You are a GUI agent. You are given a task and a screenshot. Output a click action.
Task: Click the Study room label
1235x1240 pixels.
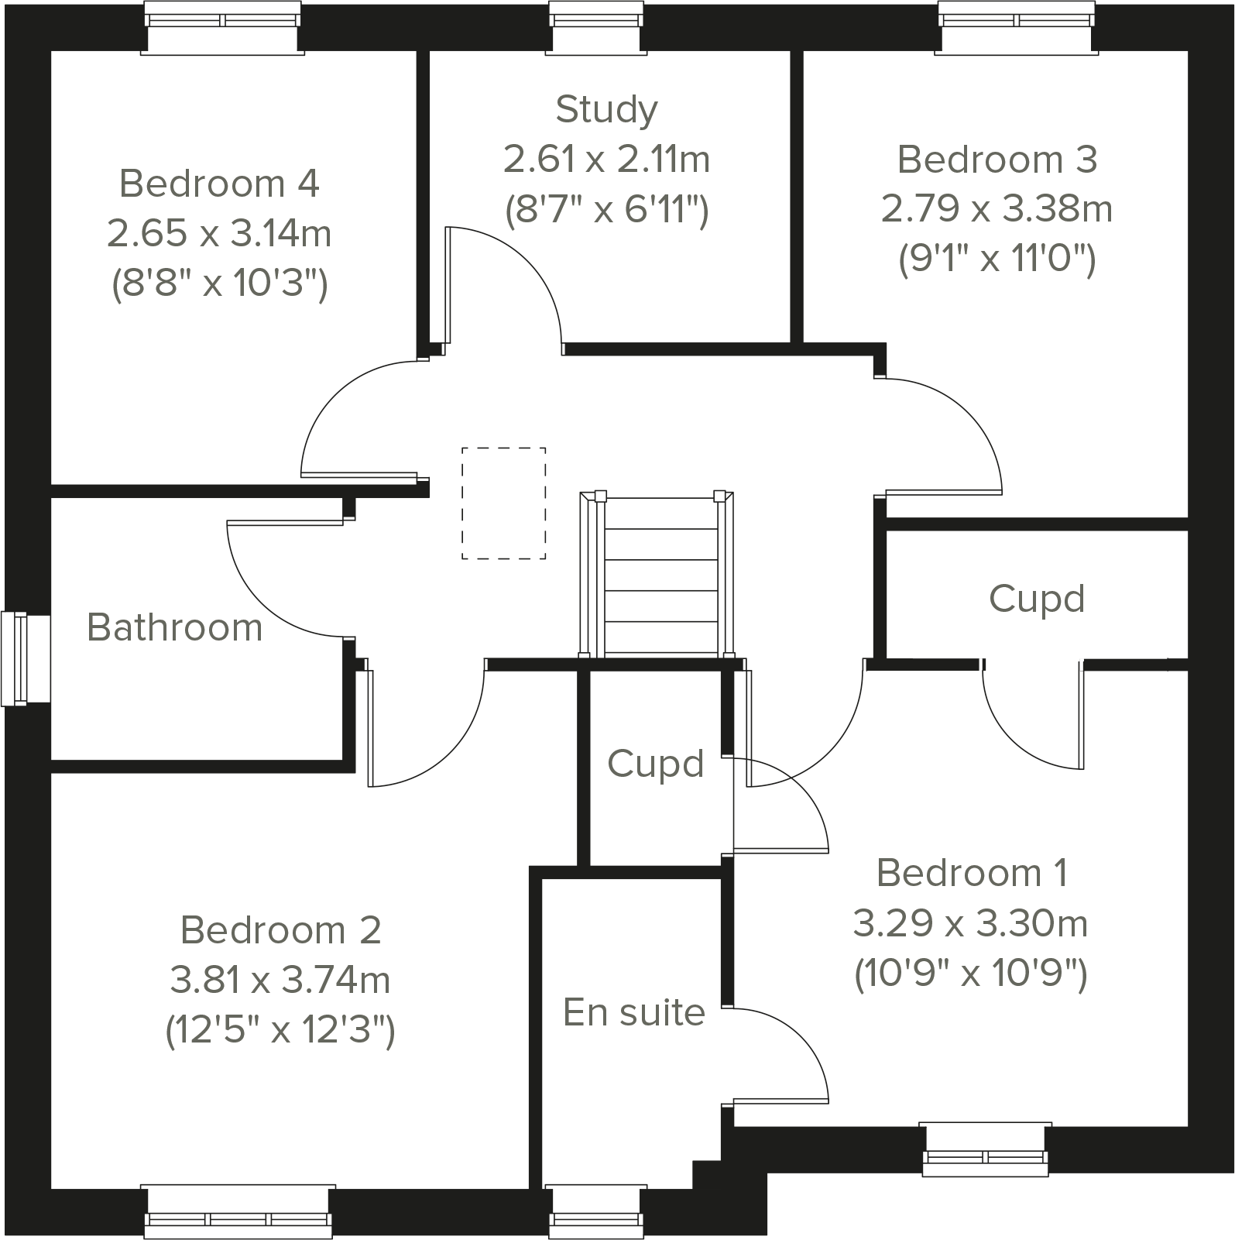pyautogui.click(x=606, y=109)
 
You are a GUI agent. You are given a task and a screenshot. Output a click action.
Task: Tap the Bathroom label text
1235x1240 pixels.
pyautogui.click(x=175, y=627)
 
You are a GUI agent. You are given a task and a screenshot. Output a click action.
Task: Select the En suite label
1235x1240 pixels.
pyautogui.click(x=634, y=1012)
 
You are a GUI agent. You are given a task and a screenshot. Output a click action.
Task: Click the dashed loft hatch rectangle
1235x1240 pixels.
pyautogui.click(x=504, y=503)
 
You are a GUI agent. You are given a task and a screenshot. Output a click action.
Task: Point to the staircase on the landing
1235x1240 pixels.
pyautogui.click(x=660, y=577)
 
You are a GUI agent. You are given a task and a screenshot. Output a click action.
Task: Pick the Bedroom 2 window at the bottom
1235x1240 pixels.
pyautogui.click(x=238, y=1211)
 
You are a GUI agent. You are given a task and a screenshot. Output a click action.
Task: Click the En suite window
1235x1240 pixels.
pyautogui.click(x=597, y=1211)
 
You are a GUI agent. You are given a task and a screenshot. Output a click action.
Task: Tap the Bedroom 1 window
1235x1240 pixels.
pyautogui.click(x=986, y=1149)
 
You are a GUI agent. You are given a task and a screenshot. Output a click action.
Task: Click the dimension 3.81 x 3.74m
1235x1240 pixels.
pyautogui.click(x=280, y=981)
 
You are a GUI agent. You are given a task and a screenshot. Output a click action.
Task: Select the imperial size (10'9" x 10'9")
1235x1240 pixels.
pyautogui.click(x=971, y=974)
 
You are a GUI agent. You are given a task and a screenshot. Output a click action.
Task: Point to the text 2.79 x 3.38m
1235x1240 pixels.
pyautogui.click(x=997, y=208)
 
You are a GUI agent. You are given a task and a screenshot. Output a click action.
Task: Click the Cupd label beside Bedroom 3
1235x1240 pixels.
pyautogui.click(x=1037, y=599)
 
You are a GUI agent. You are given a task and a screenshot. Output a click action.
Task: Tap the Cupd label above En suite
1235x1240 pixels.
pyautogui.click(x=655, y=764)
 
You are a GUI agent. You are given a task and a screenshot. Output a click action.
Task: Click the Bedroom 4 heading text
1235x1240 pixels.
pyautogui.click(x=219, y=184)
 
